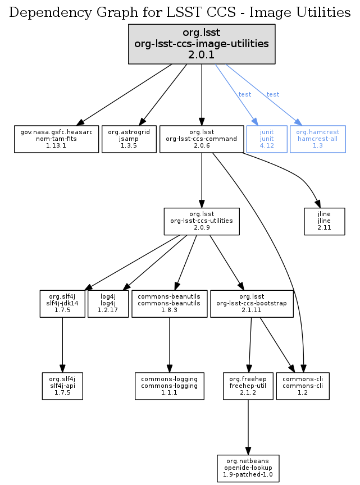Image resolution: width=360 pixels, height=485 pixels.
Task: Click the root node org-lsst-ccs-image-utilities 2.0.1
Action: (x=202, y=43)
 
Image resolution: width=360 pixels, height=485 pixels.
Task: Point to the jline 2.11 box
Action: (x=324, y=221)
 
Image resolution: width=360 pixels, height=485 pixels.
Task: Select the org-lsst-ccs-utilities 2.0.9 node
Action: (x=202, y=221)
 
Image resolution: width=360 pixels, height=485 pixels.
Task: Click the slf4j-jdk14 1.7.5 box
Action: (x=62, y=304)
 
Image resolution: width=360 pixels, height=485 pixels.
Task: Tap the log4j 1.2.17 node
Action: (x=109, y=304)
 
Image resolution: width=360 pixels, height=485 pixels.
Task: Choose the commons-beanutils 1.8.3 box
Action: (x=169, y=304)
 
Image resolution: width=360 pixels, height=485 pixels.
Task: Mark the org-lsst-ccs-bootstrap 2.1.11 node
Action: (x=252, y=304)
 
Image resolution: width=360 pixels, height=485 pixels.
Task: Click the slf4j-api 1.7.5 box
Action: (x=62, y=386)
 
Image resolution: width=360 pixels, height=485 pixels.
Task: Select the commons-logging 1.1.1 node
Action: (x=169, y=386)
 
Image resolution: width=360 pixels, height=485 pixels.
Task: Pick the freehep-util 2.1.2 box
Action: (x=248, y=386)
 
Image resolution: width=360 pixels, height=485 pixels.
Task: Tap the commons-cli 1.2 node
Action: (x=303, y=386)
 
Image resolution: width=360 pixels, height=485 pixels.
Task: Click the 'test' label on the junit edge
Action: (x=245, y=94)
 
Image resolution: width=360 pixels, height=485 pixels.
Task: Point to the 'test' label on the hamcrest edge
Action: (x=273, y=94)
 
